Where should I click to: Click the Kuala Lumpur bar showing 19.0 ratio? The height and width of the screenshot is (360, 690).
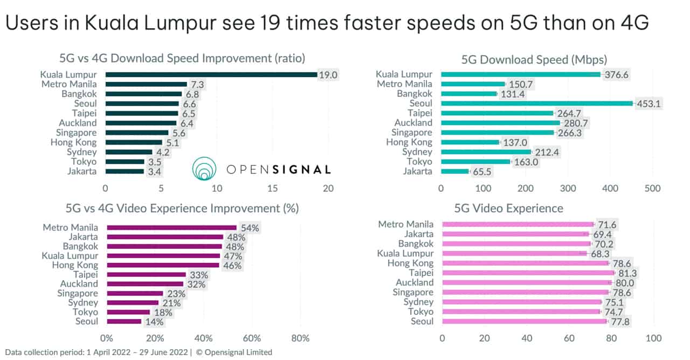(211, 74)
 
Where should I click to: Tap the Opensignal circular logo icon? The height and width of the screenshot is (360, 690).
(204, 169)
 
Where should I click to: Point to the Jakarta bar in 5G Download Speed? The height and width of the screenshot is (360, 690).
(455, 171)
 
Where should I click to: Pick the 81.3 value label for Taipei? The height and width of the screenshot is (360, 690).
(627, 273)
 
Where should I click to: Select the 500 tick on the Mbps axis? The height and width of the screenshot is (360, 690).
(652, 188)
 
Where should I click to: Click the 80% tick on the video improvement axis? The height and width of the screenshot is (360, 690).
(300, 338)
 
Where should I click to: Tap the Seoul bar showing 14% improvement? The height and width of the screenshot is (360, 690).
(124, 322)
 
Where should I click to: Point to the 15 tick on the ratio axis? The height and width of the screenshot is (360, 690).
(272, 189)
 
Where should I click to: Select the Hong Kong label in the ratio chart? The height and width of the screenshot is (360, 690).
(73, 142)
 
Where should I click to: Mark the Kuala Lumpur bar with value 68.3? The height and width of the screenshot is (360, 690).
(514, 253)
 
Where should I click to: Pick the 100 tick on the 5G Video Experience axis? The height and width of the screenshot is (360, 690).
(653, 338)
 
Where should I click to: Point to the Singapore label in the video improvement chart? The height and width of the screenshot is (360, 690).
(78, 293)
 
